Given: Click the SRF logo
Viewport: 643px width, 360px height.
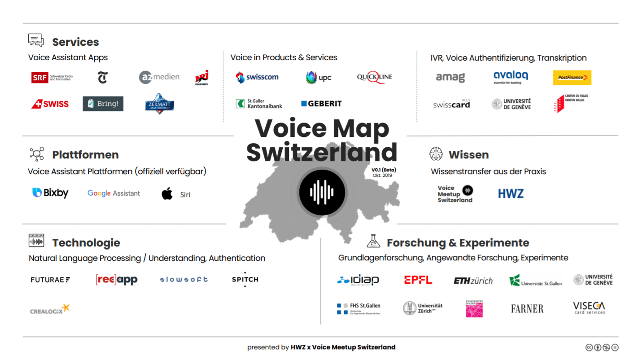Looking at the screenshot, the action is [52, 78].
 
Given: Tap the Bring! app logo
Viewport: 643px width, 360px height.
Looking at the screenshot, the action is [103, 104].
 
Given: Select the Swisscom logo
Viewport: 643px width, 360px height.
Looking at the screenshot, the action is [257, 77].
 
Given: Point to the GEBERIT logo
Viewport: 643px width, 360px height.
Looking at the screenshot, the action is [321, 104].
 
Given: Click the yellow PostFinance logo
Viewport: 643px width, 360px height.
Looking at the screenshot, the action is [572, 78].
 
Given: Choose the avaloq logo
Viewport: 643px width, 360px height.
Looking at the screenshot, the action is [511, 77].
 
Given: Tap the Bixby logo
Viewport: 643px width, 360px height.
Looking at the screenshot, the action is [50, 193].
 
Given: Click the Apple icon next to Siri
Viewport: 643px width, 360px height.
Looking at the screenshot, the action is [167, 194].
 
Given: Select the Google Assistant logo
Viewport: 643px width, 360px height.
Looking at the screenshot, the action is [114, 193].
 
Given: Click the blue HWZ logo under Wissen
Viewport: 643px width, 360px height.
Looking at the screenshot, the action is [511, 194].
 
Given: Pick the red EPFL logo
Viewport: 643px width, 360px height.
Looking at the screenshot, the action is [418, 280].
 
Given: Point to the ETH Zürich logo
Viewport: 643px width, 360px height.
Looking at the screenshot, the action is [473, 281].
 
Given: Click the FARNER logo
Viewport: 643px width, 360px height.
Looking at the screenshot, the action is [527, 309].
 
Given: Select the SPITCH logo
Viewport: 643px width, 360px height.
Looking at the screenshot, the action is [245, 279].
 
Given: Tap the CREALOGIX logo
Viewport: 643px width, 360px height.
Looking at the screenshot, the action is [50, 309].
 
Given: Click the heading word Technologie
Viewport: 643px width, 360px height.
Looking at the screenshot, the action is [86, 243].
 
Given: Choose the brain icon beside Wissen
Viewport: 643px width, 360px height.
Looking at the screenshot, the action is [436, 154].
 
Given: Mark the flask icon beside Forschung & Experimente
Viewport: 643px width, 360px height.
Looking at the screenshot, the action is [373, 241].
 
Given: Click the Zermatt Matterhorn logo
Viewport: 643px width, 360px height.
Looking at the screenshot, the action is [159, 104].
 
